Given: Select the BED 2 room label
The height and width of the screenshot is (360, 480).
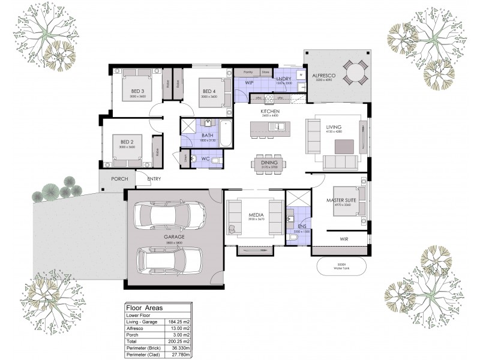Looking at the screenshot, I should point(127,142).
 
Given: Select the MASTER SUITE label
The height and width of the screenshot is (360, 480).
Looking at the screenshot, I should point(342,200).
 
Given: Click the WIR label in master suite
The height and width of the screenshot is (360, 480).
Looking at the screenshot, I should point(344,239).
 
